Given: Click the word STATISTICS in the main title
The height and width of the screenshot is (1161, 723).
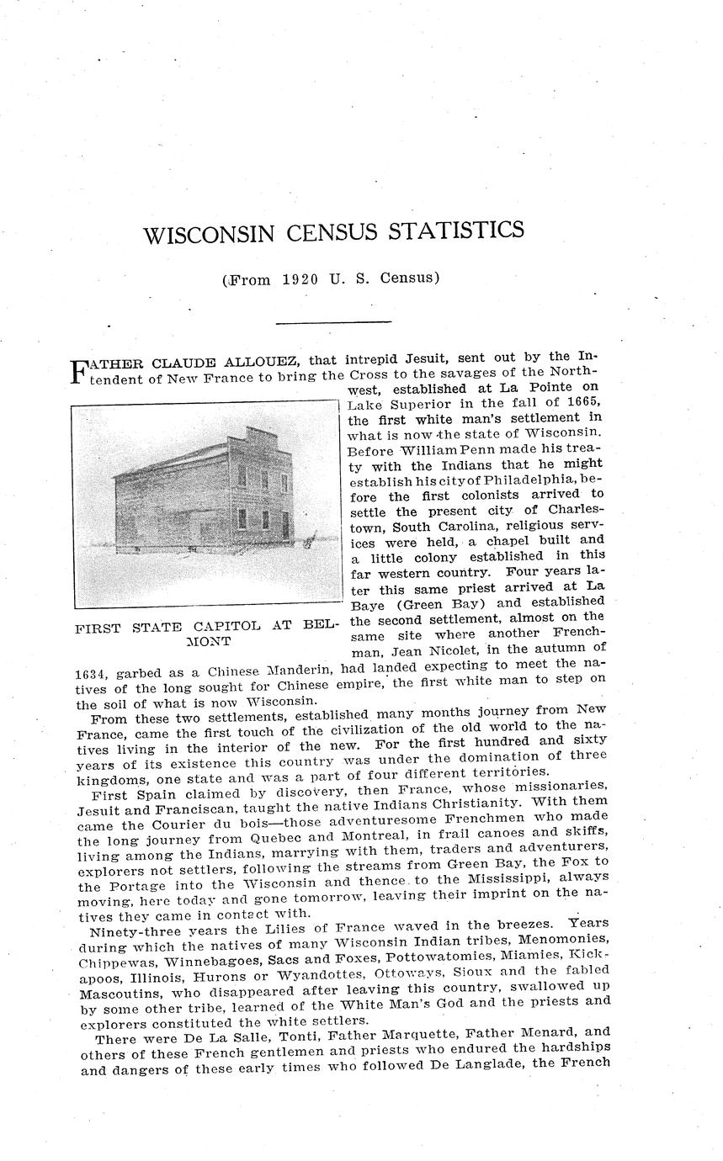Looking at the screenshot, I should (x=454, y=231).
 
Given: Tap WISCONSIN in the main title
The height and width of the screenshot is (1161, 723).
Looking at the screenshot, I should (x=209, y=234).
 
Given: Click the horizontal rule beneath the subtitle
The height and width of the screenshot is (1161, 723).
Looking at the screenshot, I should (x=333, y=321).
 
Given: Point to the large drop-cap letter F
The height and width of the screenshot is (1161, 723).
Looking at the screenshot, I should (x=78, y=371).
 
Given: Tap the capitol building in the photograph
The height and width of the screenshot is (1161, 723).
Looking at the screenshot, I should (x=206, y=496).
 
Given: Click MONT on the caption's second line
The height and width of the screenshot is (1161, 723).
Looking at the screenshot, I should (x=207, y=641).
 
